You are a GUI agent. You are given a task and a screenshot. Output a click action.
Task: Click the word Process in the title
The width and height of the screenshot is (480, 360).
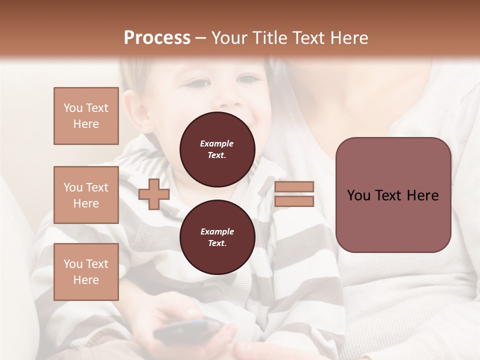point(157,38)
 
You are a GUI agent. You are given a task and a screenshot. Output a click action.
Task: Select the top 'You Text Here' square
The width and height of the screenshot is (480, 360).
point(86,116)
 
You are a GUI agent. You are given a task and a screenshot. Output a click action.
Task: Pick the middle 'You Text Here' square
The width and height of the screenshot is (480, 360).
point(86,195)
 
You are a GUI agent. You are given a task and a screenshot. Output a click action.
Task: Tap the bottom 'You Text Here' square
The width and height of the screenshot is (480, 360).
point(86,272)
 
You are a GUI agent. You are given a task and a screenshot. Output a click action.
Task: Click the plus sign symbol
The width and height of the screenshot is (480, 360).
point(154,194)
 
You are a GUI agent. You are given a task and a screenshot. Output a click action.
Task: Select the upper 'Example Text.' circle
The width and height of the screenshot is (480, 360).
point(217,149)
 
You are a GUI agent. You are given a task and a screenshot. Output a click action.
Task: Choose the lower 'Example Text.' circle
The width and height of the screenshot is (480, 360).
point(217,237)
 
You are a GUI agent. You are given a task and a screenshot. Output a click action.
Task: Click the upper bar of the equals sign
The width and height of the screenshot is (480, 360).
point(294,187)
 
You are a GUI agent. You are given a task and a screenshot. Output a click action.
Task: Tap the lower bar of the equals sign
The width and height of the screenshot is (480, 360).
point(294,201)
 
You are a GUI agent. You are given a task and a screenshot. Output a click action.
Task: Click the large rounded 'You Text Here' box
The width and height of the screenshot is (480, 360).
point(393,195)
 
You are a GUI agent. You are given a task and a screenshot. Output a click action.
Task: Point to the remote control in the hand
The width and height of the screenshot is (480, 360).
point(188,330)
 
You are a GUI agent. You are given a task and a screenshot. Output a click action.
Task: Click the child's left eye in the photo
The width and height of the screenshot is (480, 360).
point(247,79)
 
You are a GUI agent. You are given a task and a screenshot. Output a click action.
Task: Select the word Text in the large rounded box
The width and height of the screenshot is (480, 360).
point(394,195)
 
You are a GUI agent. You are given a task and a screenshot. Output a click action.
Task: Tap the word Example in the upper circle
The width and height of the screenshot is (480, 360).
point(217,143)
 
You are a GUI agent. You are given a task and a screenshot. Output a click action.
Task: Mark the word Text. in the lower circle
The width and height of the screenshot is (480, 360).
point(217,243)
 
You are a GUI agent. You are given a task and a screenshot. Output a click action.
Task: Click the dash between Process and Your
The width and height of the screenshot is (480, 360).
point(200,38)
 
